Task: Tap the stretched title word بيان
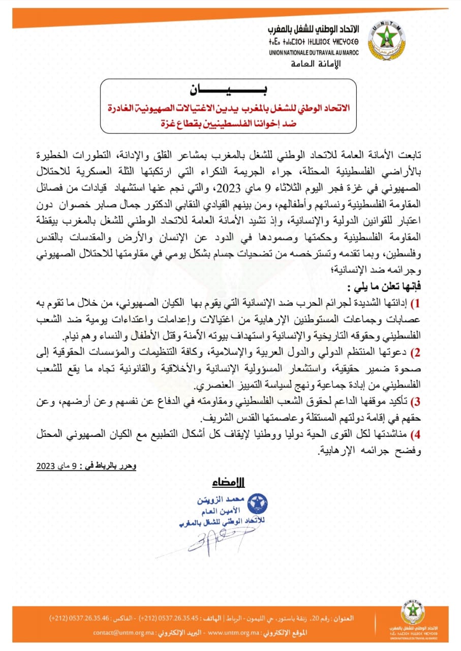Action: point(230,92)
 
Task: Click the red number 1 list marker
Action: point(415,304)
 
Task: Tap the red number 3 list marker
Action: point(415,401)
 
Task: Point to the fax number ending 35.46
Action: point(86,618)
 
